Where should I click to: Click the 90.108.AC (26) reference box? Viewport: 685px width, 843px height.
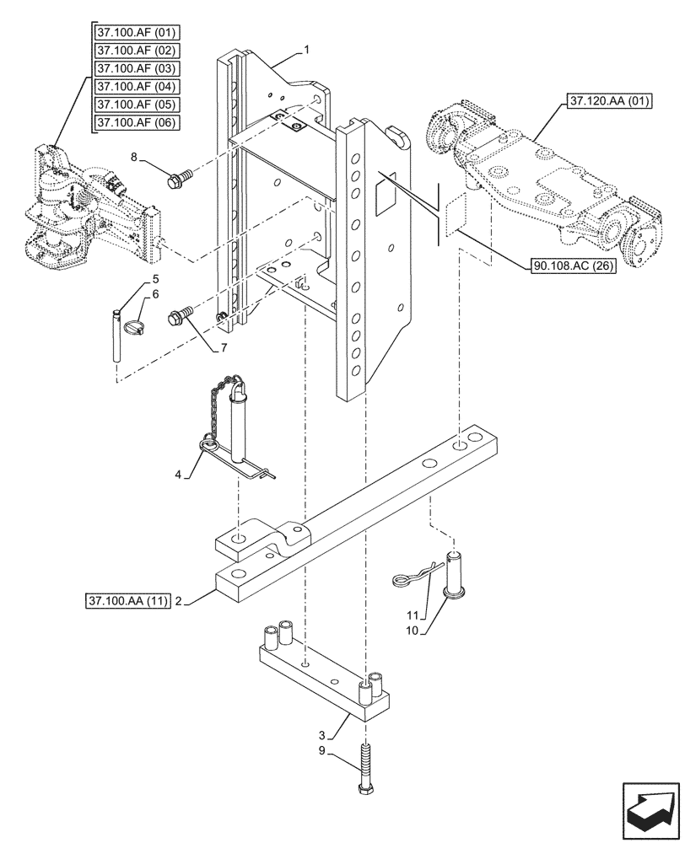(x=574, y=266)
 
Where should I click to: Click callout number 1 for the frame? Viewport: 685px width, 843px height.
(x=307, y=50)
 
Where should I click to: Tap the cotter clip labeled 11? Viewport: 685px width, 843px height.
(x=413, y=576)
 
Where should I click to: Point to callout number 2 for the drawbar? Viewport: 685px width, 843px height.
(x=179, y=601)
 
